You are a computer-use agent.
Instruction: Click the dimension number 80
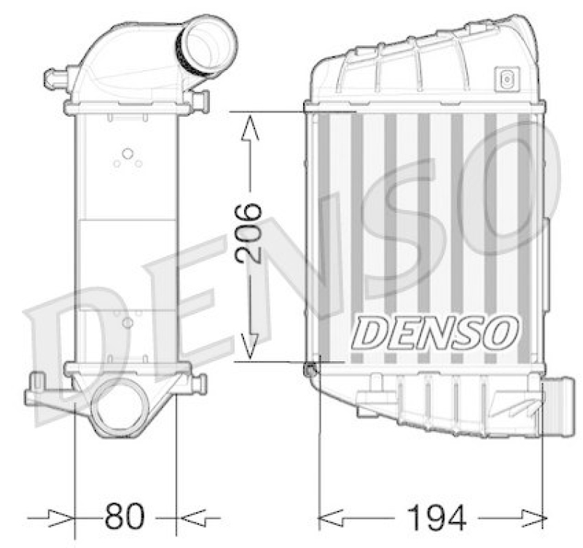pyautogui.click(x=125, y=517)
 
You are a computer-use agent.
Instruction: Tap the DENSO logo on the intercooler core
pyautogui.click(x=435, y=333)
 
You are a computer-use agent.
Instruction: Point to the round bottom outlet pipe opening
pyautogui.click(x=119, y=406)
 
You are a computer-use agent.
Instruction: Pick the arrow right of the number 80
pyautogui.click(x=195, y=517)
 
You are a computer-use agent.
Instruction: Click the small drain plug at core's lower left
pyautogui.click(x=311, y=370)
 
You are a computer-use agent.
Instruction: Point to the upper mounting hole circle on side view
pyautogui.click(x=128, y=154)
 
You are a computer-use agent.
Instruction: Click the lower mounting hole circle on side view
pyautogui.click(x=128, y=322)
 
